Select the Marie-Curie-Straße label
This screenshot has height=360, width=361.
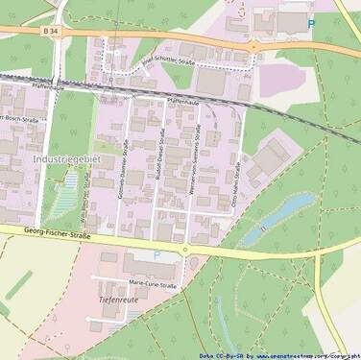[x=154, y=285]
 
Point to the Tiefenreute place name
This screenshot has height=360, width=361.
[x=120, y=300]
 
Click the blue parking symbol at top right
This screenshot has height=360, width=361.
[x=310, y=23]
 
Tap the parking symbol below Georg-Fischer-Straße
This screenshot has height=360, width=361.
[x=156, y=254]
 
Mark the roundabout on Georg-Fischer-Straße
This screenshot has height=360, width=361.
[x=185, y=250]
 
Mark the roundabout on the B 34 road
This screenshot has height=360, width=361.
[x=254, y=45]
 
